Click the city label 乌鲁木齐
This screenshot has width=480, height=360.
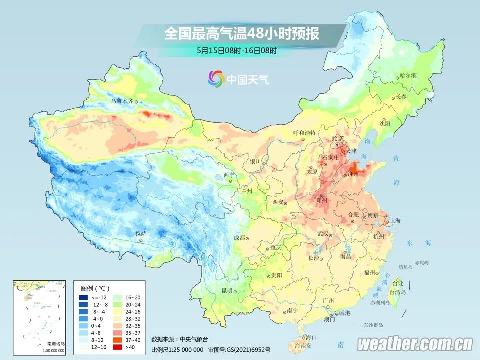tap(122, 101)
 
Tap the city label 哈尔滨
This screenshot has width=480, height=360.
tap(408, 75)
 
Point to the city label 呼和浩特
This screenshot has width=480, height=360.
tap(304, 133)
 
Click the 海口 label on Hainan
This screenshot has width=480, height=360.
tap(312, 338)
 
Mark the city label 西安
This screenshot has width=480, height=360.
tap(278, 202)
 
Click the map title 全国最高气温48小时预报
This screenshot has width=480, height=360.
tap(241, 34)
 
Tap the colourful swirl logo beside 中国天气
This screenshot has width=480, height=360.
tap(216, 78)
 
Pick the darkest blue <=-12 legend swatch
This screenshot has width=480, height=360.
tap(83, 298)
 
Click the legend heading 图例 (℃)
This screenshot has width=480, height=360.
tap(95, 288)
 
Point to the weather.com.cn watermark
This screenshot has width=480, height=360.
tap(415, 344)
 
